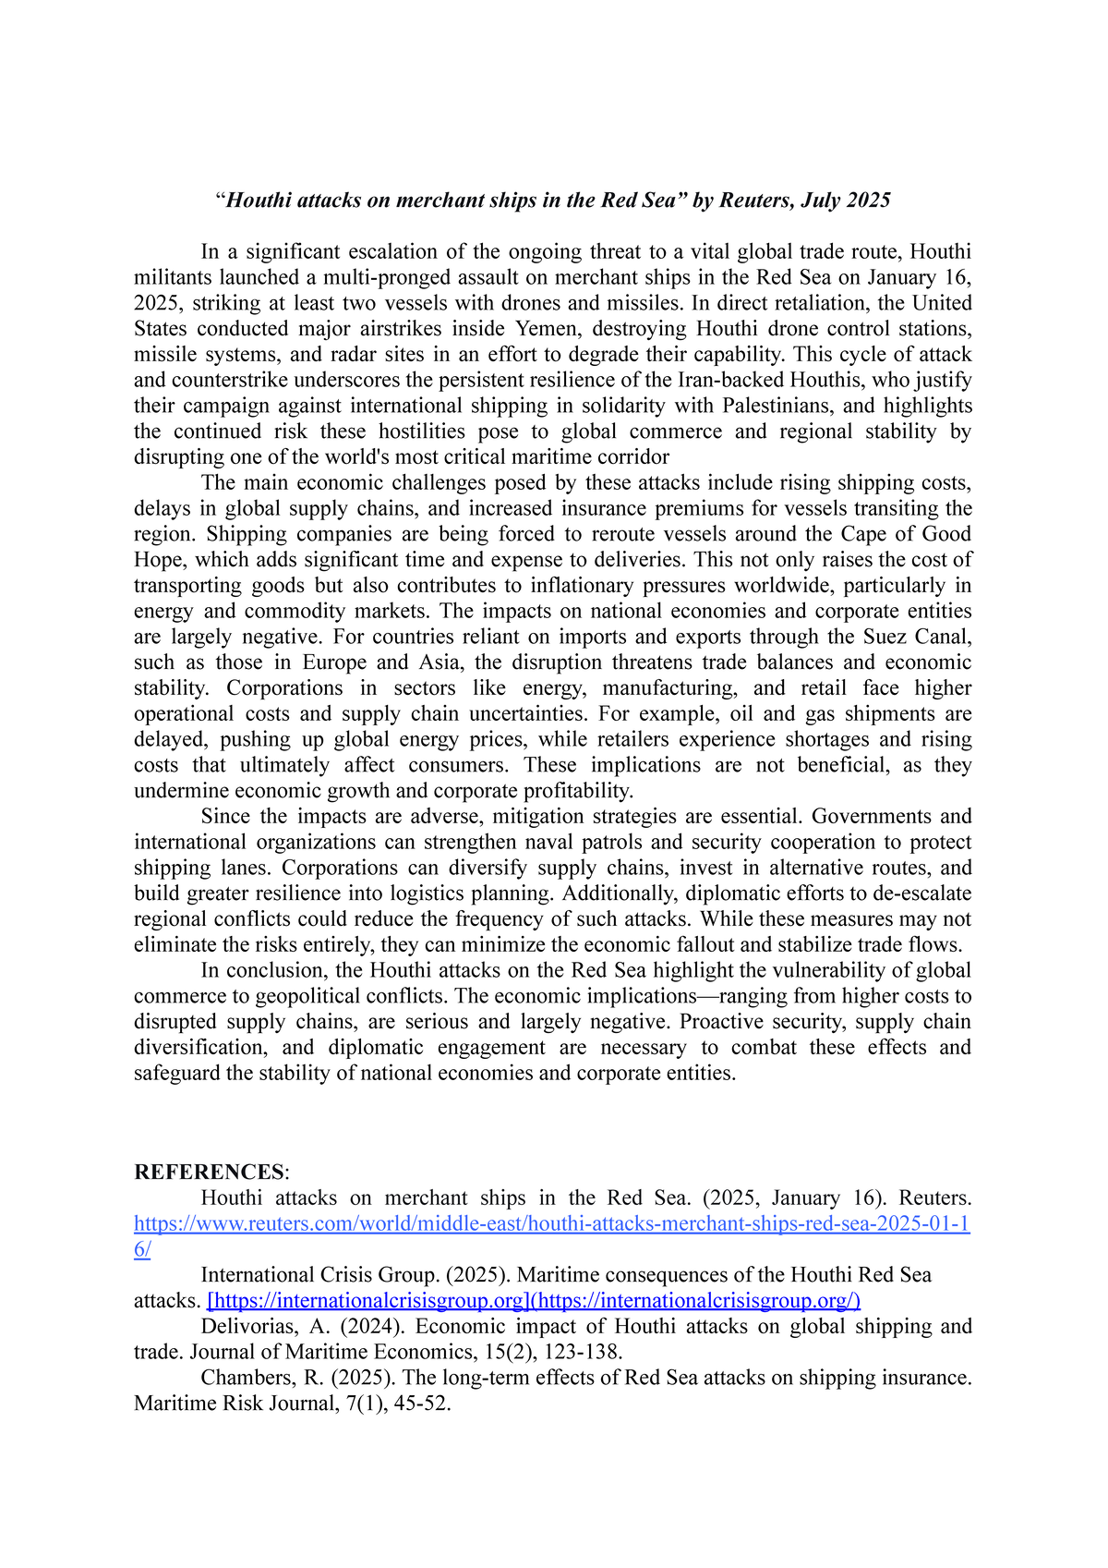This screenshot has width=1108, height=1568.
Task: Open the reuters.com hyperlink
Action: pyautogui.click(x=551, y=1224)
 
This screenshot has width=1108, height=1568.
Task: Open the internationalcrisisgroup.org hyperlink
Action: pyautogui.click(x=534, y=1301)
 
